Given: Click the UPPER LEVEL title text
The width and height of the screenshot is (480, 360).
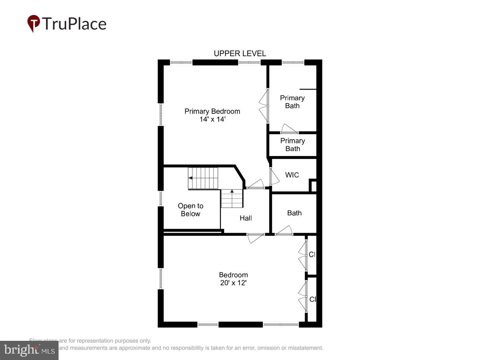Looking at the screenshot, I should click(240, 53).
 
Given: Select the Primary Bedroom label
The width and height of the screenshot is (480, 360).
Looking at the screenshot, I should click(212, 111).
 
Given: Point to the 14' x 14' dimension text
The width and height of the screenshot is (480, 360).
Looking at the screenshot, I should click(212, 119).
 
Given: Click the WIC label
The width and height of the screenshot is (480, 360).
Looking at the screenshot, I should click(292, 175).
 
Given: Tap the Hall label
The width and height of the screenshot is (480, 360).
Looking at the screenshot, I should click(246, 218).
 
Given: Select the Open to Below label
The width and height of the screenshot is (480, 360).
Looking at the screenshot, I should click(190, 210).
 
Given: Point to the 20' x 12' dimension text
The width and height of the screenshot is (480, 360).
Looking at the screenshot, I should click(233, 283).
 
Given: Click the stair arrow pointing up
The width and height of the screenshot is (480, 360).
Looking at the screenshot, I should click(232, 191).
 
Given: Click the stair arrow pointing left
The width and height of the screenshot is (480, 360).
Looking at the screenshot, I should click(190, 178).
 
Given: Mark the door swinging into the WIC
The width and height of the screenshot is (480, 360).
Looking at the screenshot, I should click(274, 177).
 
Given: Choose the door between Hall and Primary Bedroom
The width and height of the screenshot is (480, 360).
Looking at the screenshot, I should click(256, 184).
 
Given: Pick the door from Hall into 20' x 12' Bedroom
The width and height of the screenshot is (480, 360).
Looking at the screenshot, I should click(255, 238).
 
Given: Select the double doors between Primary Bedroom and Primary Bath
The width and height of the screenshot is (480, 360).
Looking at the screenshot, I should click(264, 106).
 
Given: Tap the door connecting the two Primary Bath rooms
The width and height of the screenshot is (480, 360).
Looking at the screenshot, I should click(289, 129).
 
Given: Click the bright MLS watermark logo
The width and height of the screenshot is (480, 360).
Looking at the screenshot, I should click(29, 350).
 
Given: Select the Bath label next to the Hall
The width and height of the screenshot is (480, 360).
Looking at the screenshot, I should click(294, 213).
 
